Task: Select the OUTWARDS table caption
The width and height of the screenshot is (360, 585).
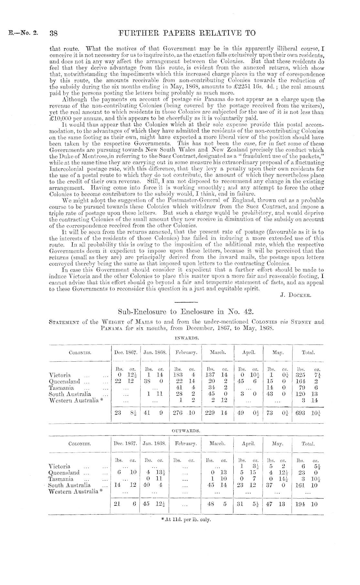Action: pos(185,431)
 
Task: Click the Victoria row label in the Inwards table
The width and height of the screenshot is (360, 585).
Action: pos(59,375)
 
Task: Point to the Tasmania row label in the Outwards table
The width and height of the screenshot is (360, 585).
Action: pos(60,479)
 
